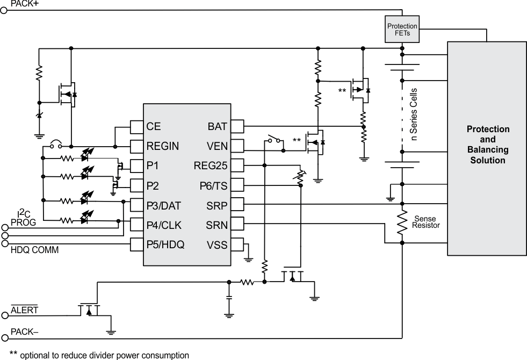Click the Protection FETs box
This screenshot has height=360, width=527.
402,30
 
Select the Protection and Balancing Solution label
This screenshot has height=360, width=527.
488,145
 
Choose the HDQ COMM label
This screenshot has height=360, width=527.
34,250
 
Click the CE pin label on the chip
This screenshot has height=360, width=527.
154,127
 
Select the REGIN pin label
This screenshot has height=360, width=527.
162,146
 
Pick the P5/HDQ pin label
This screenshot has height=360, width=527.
165,245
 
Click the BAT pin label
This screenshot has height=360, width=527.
218,127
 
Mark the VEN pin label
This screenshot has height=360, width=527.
217,146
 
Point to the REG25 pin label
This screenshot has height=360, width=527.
211,165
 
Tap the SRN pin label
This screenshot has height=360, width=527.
217,225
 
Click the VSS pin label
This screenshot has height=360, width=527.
217,245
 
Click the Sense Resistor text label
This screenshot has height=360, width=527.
427,222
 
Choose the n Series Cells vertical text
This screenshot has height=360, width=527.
414,114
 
